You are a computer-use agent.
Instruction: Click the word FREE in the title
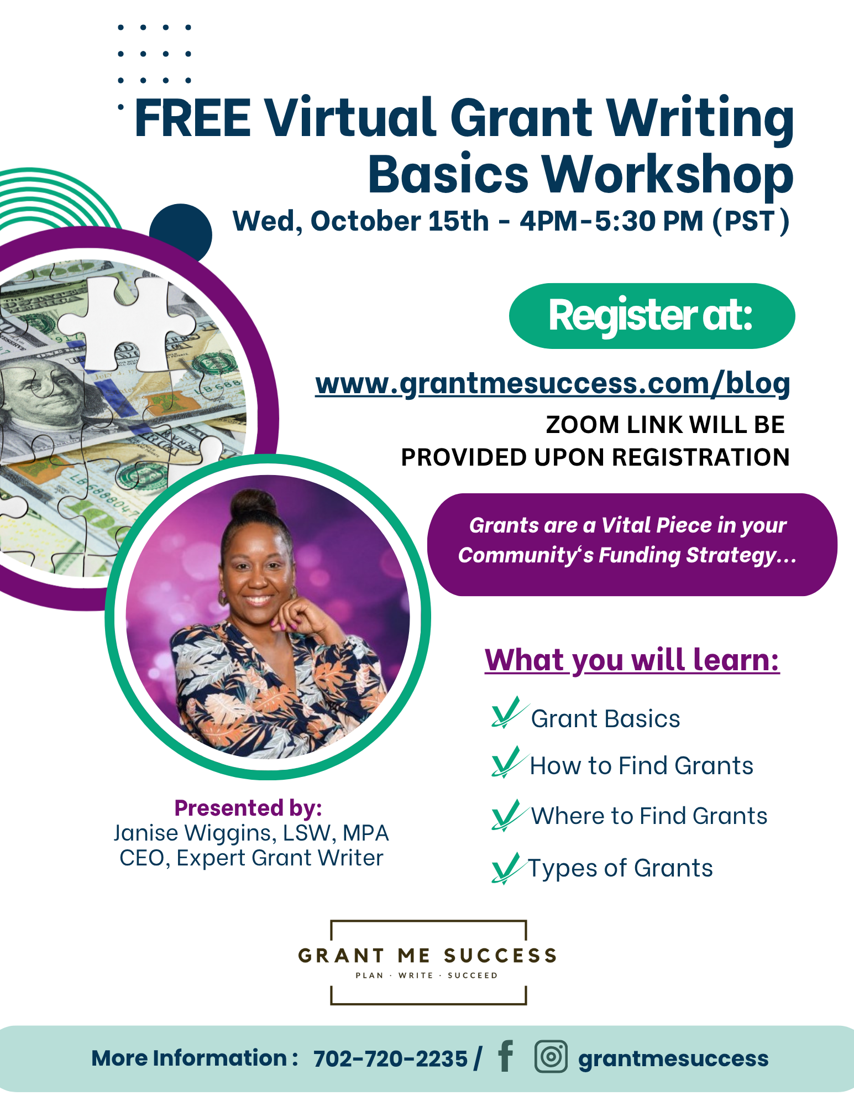[193, 118]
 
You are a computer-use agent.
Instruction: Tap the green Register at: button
[652, 316]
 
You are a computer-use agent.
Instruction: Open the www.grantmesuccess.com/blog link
[553, 384]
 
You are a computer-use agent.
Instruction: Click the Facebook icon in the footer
[505, 1056]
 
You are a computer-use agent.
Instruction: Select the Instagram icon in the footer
[551, 1057]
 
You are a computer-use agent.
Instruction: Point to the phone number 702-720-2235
[390, 1058]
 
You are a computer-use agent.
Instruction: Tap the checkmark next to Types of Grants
[506, 868]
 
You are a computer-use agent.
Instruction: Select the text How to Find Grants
[641, 766]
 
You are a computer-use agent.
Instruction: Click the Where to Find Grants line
[649, 816]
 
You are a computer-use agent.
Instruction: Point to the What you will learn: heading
[632, 660]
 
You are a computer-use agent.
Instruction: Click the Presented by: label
[248, 808]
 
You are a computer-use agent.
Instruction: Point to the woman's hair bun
[254, 504]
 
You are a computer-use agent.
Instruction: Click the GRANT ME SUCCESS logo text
[427, 956]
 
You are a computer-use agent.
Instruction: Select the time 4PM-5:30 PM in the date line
[611, 221]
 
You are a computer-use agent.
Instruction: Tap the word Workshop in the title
[668, 175]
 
